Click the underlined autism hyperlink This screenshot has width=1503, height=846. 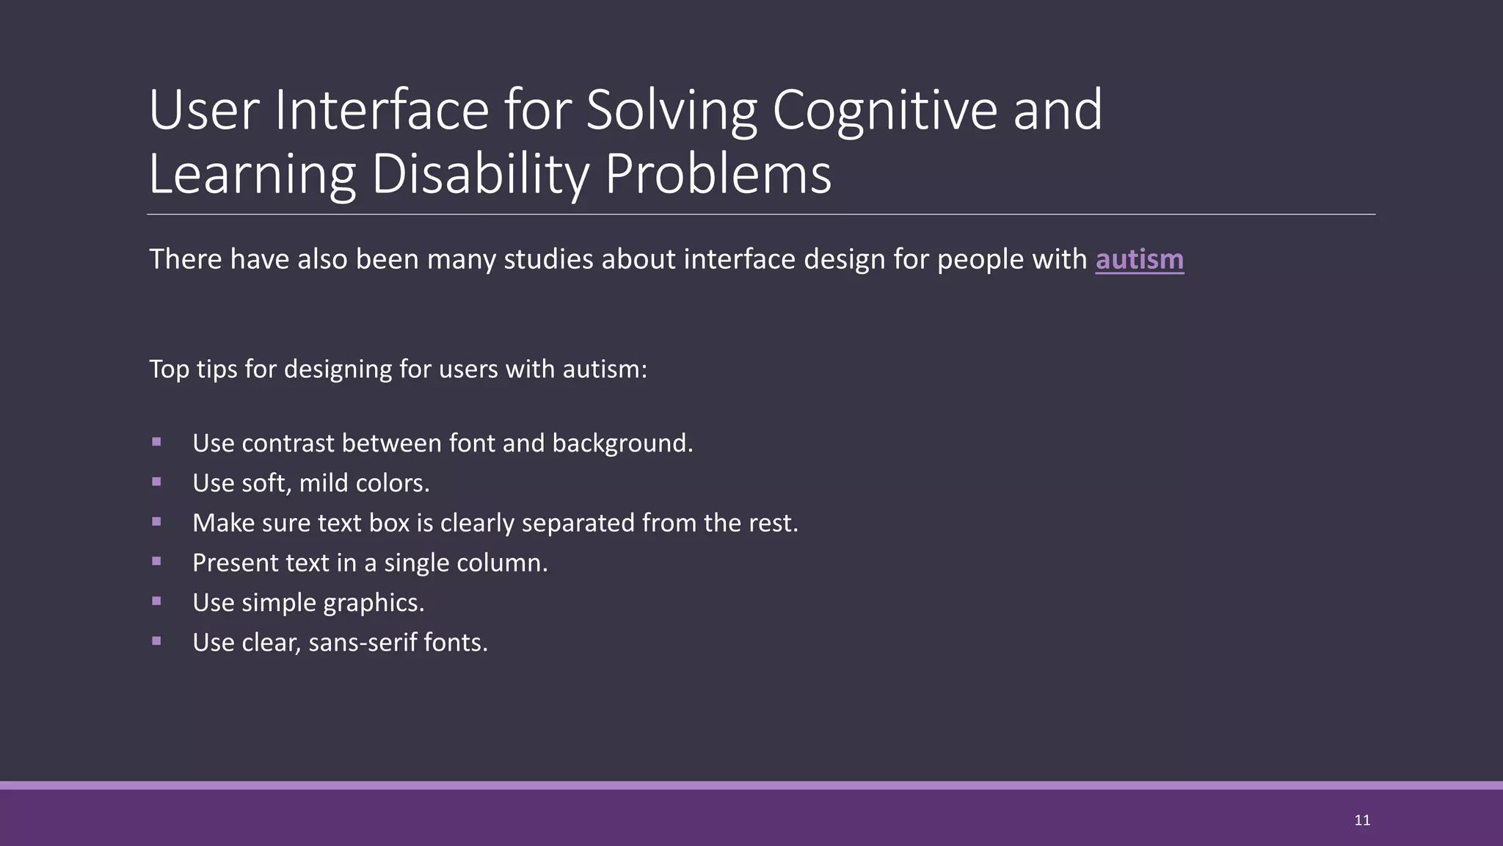click(x=1139, y=260)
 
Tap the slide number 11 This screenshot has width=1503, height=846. click(x=1362, y=820)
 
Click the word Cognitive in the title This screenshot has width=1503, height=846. click(x=884, y=110)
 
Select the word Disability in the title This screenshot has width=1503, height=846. click(x=480, y=175)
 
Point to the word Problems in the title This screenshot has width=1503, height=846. click(x=718, y=175)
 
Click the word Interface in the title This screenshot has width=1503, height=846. click(x=382, y=110)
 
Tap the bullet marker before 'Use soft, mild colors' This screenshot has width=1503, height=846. click(x=156, y=482)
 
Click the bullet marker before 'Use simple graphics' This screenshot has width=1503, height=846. click(x=156, y=601)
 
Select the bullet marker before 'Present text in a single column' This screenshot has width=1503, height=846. click(x=156, y=561)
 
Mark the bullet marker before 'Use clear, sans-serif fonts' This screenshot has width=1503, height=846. click(x=156, y=640)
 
